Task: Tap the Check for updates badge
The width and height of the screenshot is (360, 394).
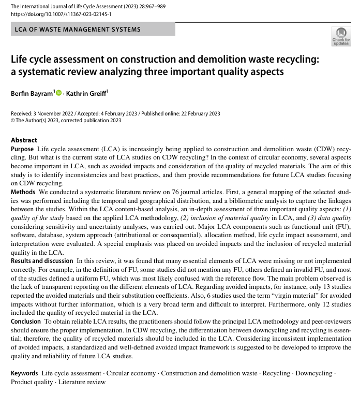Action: (340, 37)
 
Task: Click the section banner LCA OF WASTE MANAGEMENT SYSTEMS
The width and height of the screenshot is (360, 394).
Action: (78, 30)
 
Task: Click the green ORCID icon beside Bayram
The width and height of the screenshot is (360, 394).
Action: (58, 93)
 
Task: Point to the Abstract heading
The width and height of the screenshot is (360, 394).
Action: (24, 140)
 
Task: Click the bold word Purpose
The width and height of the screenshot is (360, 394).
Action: (23, 149)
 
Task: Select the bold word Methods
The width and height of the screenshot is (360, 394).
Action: (23, 192)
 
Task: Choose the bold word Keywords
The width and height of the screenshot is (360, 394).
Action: (24, 373)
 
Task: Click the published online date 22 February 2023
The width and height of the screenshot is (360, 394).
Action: (194, 114)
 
